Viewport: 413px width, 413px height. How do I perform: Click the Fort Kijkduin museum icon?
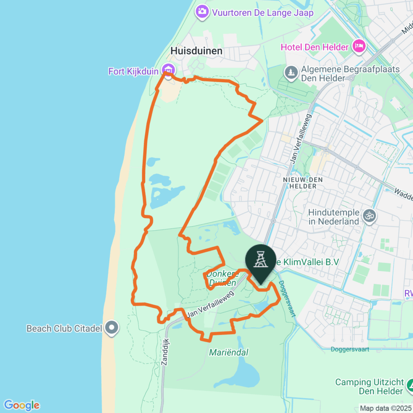[168, 69]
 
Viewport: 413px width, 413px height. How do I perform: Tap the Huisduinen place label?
[196, 51]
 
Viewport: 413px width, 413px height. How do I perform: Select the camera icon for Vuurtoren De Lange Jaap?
[202, 11]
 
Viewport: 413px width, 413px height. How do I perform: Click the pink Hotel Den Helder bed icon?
[358, 46]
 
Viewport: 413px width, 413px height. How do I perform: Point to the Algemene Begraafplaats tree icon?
[290, 73]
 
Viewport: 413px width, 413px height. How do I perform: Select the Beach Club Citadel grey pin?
[112, 328]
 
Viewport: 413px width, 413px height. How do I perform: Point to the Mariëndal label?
[228, 353]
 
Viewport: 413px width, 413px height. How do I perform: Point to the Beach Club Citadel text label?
[64, 329]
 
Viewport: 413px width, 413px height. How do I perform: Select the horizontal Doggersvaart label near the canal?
[350, 349]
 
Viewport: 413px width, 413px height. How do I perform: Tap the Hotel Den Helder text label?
[315, 47]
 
